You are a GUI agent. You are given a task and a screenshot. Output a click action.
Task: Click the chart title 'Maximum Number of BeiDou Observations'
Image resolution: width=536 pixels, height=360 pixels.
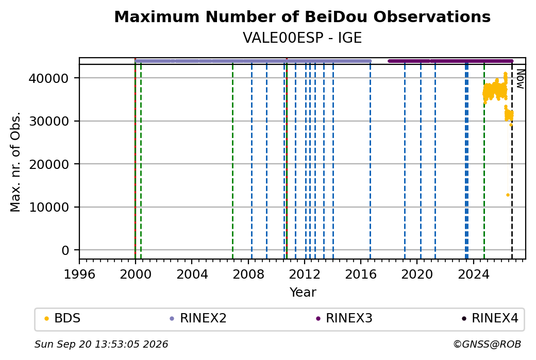pos(302,17)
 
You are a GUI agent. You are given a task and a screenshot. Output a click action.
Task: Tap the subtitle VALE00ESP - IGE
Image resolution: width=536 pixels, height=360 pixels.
pos(302,38)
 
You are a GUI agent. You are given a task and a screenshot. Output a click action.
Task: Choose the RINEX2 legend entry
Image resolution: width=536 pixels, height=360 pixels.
pos(198,318)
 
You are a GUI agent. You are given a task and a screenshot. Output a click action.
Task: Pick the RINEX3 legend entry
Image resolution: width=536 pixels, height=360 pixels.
pos(344,318)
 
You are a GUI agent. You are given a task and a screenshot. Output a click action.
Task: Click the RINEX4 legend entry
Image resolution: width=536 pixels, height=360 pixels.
pos(490,318)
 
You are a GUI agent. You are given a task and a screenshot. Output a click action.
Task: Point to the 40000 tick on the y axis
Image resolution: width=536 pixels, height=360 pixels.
pos(49,78)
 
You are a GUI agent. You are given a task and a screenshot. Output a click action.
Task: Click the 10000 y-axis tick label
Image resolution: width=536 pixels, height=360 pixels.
pos(49,207)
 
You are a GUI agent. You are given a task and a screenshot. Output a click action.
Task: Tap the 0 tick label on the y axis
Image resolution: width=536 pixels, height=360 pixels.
pos(65,250)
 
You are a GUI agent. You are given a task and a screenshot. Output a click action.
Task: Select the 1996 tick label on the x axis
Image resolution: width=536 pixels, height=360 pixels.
pos(79,275)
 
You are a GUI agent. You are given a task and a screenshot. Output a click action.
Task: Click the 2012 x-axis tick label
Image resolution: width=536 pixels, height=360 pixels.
pos(305,275)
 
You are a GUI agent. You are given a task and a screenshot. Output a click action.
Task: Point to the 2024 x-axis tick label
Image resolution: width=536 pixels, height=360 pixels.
pos(474,275)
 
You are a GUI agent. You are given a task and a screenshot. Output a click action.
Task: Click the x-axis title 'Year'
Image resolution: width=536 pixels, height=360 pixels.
pos(303,293)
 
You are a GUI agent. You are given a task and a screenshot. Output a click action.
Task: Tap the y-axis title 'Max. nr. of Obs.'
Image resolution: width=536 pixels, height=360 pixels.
pos(15,162)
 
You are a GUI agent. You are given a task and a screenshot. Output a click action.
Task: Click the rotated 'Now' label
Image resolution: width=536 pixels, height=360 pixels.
pos(520,79)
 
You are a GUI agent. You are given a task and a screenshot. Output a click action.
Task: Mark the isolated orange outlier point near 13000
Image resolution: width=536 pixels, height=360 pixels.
pos(508,195)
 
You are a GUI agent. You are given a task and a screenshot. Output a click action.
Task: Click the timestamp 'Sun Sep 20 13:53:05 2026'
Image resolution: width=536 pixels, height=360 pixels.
pos(101,344)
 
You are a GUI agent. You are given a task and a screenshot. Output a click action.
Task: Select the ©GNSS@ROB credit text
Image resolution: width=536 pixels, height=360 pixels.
pos(487,344)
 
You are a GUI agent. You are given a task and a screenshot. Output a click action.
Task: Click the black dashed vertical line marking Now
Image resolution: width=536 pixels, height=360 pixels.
pos(512,161)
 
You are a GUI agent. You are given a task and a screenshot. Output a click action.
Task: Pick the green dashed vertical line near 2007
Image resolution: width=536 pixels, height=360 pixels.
pos(233,161)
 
